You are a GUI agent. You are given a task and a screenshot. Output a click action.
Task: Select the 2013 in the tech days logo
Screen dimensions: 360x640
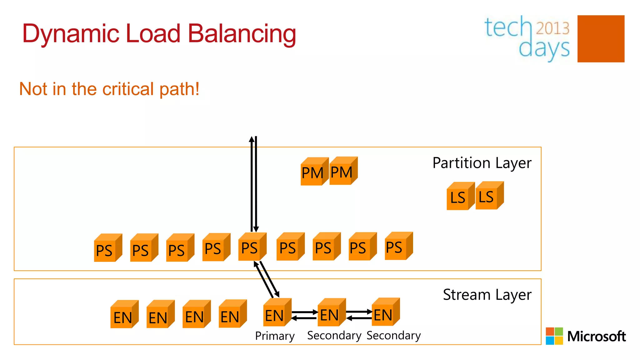pyautogui.click(x=552, y=28)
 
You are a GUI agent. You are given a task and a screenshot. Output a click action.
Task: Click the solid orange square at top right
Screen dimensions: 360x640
pyautogui.click(x=601, y=39)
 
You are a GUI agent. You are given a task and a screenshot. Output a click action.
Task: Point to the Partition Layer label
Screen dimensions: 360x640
pyautogui.click(x=482, y=163)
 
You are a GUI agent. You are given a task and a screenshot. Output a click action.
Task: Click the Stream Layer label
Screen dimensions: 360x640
pyautogui.click(x=487, y=295)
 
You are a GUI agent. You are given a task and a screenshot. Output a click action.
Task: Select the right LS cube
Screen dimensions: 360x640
pyautogui.click(x=488, y=196)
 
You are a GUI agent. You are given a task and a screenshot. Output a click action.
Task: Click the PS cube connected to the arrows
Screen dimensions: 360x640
pyautogui.click(x=251, y=247)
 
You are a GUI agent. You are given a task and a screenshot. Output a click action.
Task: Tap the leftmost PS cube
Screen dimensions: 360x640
pyautogui.click(x=107, y=248)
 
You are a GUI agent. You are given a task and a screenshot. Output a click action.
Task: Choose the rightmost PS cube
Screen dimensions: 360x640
pyautogui.click(x=397, y=247)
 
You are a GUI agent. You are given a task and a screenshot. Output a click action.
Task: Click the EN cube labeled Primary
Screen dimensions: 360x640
pyautogui.click(x=276, y=313)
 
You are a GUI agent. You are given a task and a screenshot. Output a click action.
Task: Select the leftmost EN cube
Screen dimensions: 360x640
pyautogui.click(x=123, y=315)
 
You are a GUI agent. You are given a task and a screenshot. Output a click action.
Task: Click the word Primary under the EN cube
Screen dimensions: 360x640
pyautogui.click(x=275, y=336)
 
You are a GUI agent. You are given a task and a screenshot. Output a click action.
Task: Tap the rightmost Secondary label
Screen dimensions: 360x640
pyautogui.click(x=393, y=335)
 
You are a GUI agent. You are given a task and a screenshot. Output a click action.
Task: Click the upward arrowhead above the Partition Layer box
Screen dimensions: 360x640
pyautogui.click(x=252, y=139)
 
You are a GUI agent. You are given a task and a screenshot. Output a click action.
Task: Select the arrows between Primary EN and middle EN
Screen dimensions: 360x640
pyautogui.click(x=304, y=315)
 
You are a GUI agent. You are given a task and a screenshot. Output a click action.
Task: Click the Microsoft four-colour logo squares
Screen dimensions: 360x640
pyautogui.click(x=554, y=336)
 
